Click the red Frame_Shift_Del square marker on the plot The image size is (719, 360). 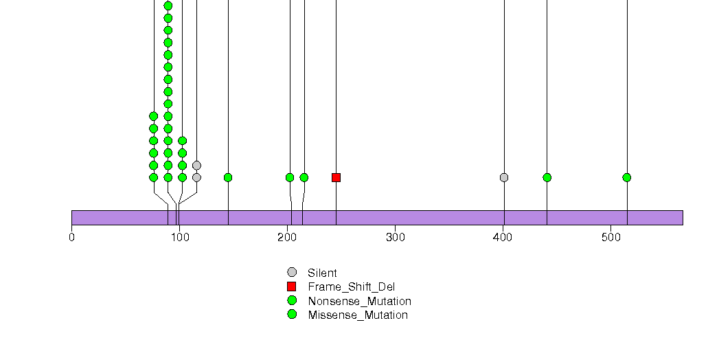click(x=336, y=177)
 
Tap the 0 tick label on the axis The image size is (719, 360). click(x=71, y=238)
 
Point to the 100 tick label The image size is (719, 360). click(x=180, y=238)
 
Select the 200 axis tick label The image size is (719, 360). click(x=288, y=238)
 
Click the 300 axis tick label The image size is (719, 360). click(x=396, y=238)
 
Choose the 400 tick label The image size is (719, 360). click(x=503, y=238)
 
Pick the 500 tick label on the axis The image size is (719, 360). click(x=610, y=238)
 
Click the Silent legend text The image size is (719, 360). click(x=322, y=273)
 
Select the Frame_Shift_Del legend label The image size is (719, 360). click(x=351, y=287)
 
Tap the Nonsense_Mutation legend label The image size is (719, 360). click(x=360, y=302)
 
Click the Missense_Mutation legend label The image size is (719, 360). click(x=358, y=315)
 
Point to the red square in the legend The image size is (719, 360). click(x=292, y=286)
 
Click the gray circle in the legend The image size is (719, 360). click(x=292, y=273)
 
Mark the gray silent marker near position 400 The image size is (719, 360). click(x=504, y=177)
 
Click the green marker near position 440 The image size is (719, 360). click(x=547, y=177)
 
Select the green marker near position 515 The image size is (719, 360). click(x=627, y=177)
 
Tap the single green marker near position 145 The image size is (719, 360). click(x=228, y=177)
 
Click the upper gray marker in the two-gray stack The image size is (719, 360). click(x=196, y=165)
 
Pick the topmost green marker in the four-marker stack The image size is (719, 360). click(x=183, y=141)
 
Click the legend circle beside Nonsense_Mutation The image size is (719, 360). click(x=292, y=300)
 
